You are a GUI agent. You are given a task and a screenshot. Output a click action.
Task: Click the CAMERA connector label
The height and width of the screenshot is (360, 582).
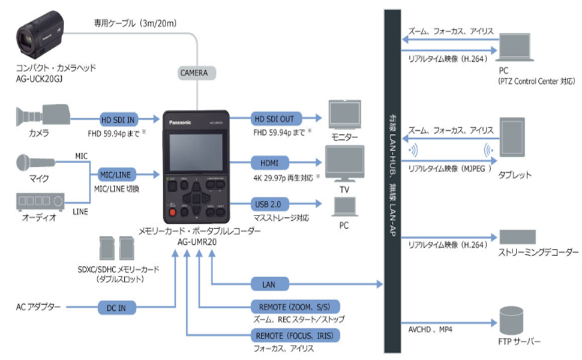click(x=194, y=73)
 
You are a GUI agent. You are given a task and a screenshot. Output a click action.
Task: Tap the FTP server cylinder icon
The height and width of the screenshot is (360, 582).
click(x=512, y=320)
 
